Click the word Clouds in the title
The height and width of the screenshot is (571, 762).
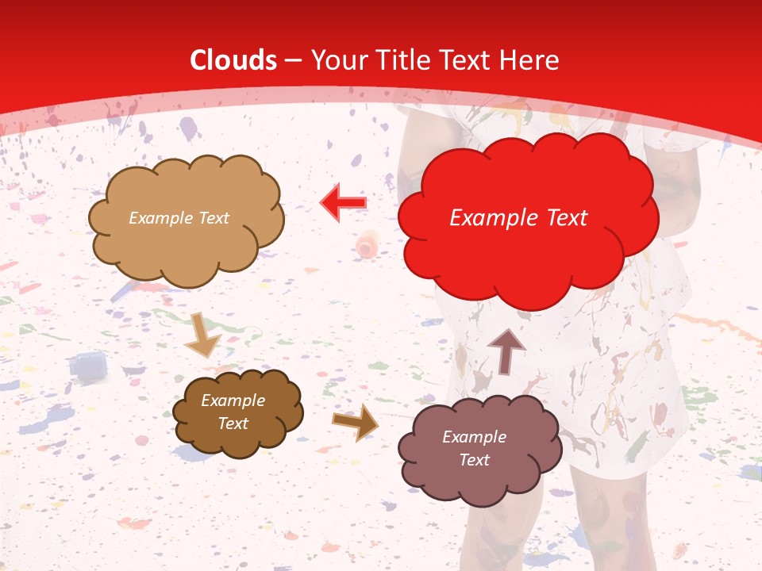(x=233, y=60)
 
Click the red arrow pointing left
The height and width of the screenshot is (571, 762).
(x=343, y=203)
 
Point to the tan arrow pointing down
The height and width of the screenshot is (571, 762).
(x=202, y=335)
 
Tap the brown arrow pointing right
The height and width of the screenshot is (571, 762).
(x=355, y=422)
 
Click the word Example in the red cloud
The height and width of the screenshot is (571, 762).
(x=487, y=218)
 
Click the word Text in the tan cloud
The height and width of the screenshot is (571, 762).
(x=212, y=218)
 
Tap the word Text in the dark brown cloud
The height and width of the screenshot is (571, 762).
(x=233, y=423)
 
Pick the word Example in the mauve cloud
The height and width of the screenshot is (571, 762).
(x=474, y=437)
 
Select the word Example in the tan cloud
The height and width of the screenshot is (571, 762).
(x=160, y=218)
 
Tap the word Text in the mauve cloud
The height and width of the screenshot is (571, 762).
(x=474, y=460)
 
